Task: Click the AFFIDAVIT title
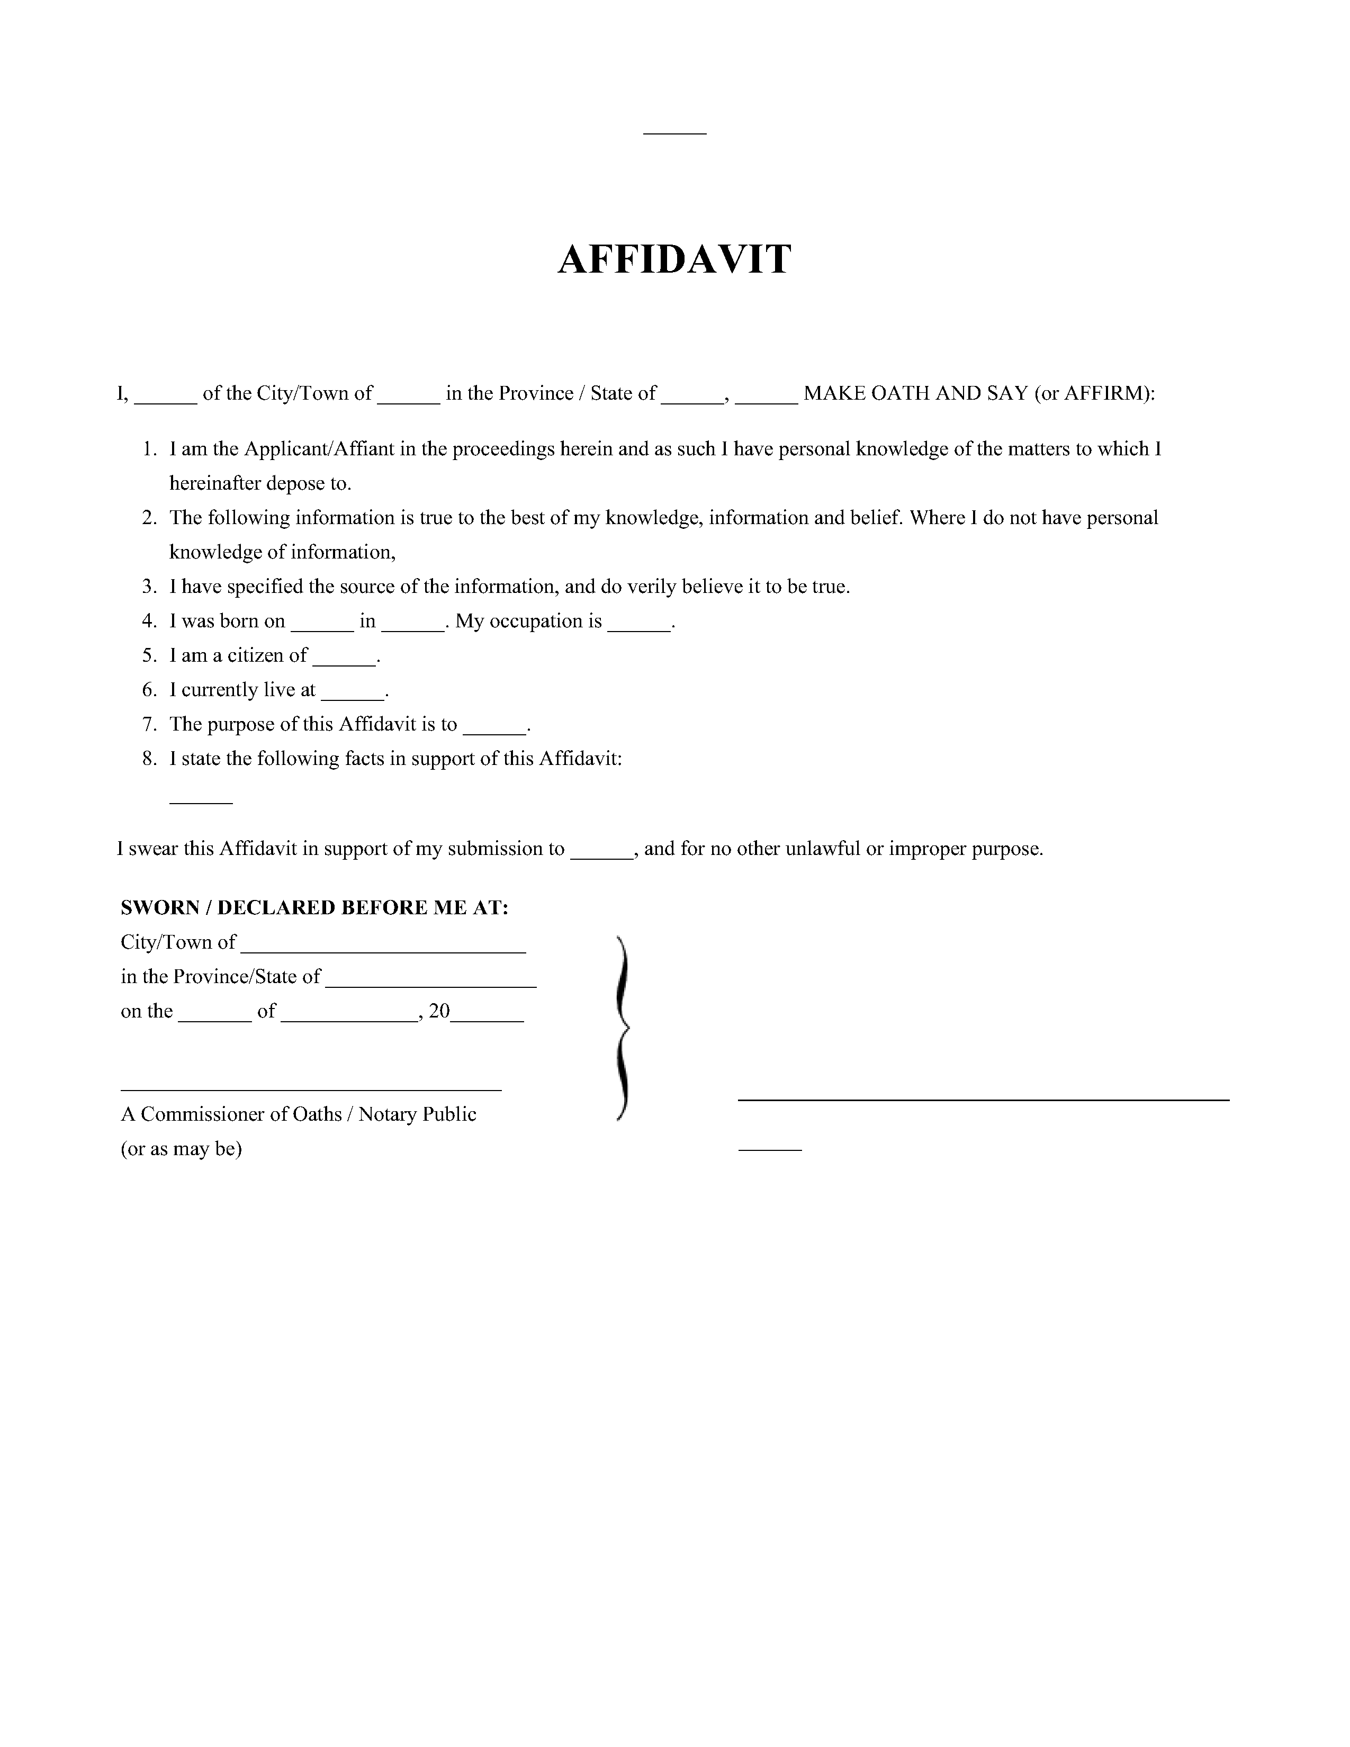coord(674,260)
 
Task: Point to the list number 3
coord(149,587)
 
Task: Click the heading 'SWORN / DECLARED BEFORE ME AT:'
coord(314,908)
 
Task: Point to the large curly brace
coord(622,1028)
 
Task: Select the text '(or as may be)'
coord(182,1149)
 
